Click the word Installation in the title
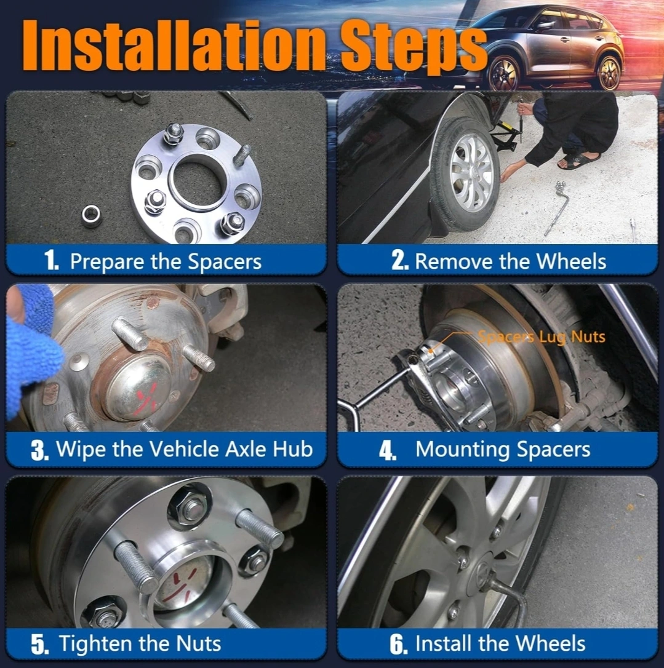click(x=174, y=46)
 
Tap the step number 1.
click(x=51, y=260)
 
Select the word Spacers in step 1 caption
click(x=225, y=261)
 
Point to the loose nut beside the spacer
click(x=91, y=215)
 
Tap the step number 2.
click(x=400, y=260)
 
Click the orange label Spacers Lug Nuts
click(x=542, y=337)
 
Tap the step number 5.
click(x=39, y=644)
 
